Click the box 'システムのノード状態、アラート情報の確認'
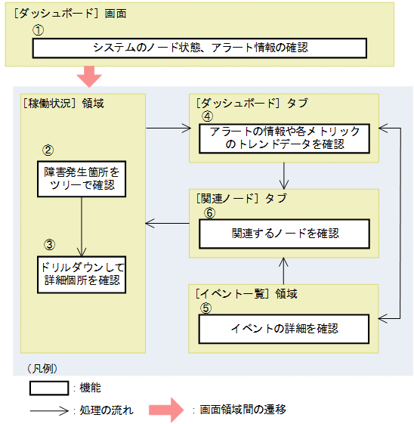coord(199,48)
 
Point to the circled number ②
coord(48,150)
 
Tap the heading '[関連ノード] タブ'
coord(237,198)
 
